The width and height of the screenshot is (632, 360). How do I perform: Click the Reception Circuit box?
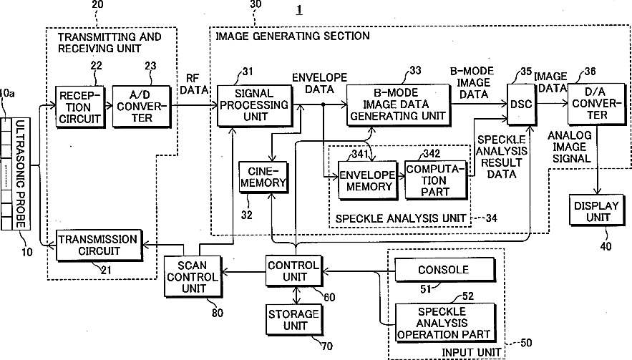[x=80, y=107]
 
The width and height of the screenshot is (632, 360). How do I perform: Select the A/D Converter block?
[x=141, y=107]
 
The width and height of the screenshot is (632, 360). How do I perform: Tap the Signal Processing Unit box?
[x=255, y=106]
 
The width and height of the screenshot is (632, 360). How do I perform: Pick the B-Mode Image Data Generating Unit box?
[x=398, y=105]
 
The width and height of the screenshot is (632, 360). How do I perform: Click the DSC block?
[x=522, y=104]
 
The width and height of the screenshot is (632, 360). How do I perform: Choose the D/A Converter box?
[x=597, y=104]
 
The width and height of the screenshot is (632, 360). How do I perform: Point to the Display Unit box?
[x=597, y=210]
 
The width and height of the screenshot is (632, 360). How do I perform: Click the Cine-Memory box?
[x=263, y=177]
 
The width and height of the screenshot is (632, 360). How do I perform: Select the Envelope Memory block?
[x=368, y=180]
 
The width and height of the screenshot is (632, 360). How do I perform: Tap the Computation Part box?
[x=436, y=180]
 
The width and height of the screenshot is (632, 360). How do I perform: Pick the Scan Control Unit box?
[x=193, y=277]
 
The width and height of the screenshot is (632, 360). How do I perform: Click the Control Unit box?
[x=294, y=271]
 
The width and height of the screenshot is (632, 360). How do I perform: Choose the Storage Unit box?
[x=295, y=320]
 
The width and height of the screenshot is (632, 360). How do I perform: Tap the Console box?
[x=445, y=270]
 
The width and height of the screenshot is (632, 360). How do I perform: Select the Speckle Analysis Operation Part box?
[x=445, y=323]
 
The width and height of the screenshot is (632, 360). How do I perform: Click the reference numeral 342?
[x=432, y=153]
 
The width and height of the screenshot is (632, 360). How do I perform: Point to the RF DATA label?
[x=193, y=84]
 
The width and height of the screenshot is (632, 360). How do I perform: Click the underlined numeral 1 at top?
[x=299, y=9]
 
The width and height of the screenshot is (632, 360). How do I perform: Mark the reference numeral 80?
[x=218, y=313]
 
